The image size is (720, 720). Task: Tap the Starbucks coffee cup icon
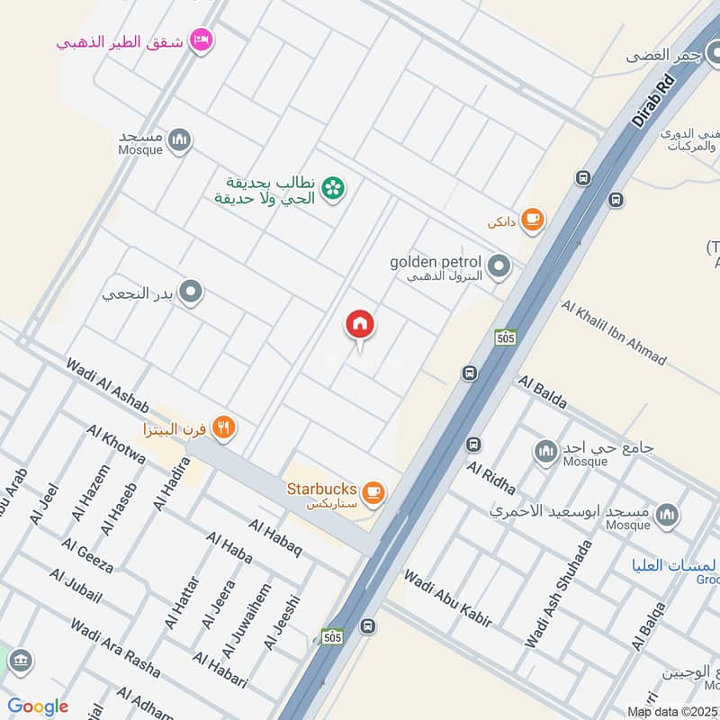[x=373, y=492]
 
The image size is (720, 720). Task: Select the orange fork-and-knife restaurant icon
[x=225, y=429]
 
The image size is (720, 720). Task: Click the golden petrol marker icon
[x=499, y=266]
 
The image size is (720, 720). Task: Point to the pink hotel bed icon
[x=202, y=40]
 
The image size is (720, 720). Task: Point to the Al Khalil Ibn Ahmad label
[x=613, y=333]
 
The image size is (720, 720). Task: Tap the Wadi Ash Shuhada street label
[x=559, y=594]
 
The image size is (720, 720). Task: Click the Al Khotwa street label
[x=116, y=444]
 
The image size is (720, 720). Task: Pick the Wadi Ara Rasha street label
[x=114, y=649]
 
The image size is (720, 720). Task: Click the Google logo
[x=38, y=706]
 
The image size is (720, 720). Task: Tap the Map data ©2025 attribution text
[x=672, y=711]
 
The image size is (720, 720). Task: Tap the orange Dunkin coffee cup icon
[x=533, y=220]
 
